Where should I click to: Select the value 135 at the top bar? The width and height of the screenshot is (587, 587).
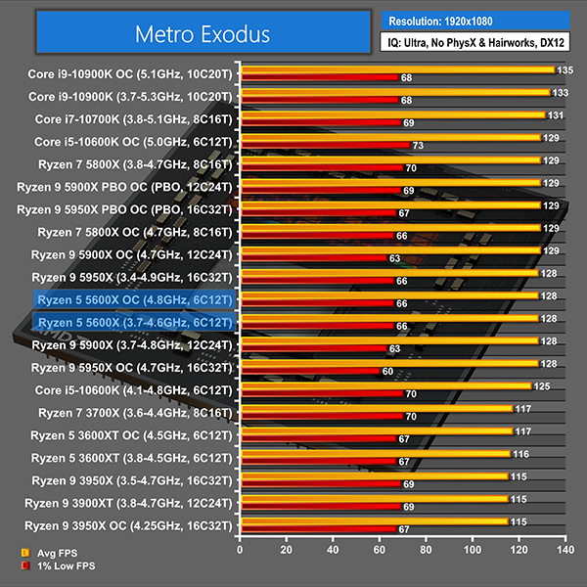(x=564, y=70)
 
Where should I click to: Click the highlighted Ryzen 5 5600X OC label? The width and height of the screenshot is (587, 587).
(x=132, y=298)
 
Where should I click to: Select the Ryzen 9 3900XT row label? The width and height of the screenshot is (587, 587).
(x=132, y=502)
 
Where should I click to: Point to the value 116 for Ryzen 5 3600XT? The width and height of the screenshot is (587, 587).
(x=519, y=454)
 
